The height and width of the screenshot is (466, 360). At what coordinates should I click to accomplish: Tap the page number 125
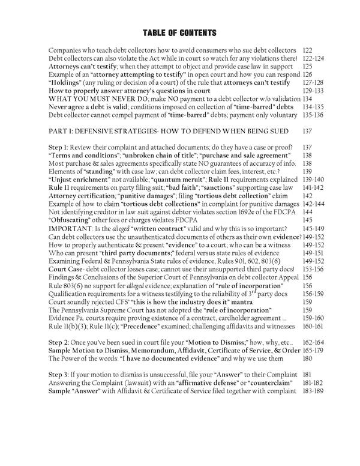(x=309, y=67)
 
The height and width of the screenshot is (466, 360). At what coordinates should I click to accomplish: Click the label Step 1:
(x=60, y=147)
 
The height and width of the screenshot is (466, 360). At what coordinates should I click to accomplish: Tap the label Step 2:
(x=60, y=341)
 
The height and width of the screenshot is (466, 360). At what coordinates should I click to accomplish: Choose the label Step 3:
(x=60, y=374)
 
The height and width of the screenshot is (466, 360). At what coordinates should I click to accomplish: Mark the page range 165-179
(x=315, y=349)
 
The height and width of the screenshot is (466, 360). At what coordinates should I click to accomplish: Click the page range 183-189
(x=315, y=391)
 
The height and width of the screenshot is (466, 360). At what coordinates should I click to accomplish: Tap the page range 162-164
(x=315, y=341)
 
